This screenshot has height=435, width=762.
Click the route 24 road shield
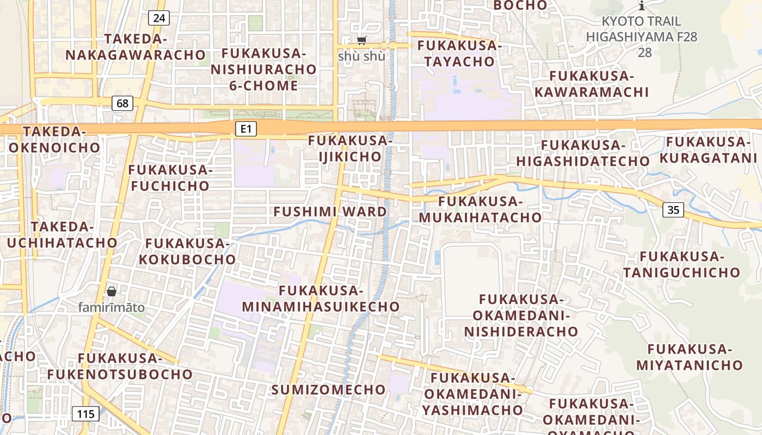(x=159, y=18)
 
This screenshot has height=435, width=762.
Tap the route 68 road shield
(x=123, y=103)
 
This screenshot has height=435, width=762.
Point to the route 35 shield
(x=673, y=210)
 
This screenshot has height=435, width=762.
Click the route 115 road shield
(x=85, y=414)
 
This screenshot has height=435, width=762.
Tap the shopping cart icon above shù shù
(x=361, y=40)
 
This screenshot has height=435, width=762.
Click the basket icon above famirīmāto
(x=112, y=291)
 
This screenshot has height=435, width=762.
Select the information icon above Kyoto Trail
(x=642, y=6)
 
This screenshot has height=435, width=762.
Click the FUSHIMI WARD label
(x=330, y=212)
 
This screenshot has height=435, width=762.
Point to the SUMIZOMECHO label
(x=328, y=389)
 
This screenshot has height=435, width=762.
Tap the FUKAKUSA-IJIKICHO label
(x=350, y=148)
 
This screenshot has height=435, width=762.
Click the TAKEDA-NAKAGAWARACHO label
(x=135, y=47)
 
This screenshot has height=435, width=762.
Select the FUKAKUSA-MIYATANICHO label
(x=689, y=357)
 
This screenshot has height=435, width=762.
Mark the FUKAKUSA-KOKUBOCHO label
(x=187, y=251)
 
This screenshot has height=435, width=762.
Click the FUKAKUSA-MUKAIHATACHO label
(x=480, y=209)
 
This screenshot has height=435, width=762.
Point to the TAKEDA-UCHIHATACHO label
(x=62, y=235)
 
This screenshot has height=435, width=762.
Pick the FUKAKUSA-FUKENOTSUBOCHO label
(x=120, y=366)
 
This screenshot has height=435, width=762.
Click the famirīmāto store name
(x=112, y=307)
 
